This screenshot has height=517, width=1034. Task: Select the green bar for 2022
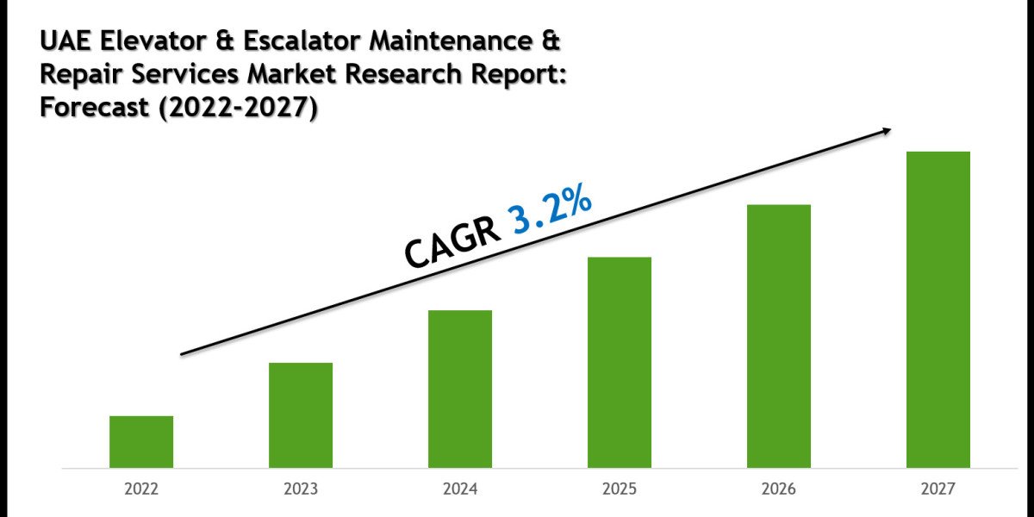click(x=141, y=442)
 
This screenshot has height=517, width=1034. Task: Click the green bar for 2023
click(x=301, y=415)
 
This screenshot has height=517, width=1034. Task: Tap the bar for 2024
click(x=460, y=389)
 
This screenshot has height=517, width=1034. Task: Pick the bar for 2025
click(x=620, y=363)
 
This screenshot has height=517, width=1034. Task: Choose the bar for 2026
click(x=779, y=336)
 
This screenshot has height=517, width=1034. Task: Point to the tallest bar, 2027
click(x=938, y=310)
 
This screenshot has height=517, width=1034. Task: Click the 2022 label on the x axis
click(x=141, y=489)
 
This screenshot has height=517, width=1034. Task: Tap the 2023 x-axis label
click(x=301, y=489)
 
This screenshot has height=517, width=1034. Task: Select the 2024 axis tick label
click(x=460, y=489)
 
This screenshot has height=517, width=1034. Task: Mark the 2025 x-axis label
click(x=620, y=489)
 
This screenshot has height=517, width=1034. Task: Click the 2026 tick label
click(x=779, y=489)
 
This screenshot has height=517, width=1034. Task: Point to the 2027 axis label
click(x=938, y=489)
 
